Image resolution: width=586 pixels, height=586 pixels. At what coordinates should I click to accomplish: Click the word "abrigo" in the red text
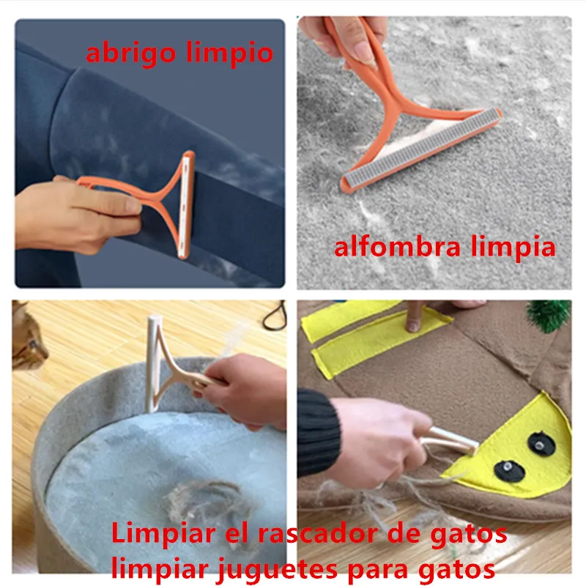click(129, 53)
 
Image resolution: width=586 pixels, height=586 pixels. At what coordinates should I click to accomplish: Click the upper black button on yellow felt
click(542, 440)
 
